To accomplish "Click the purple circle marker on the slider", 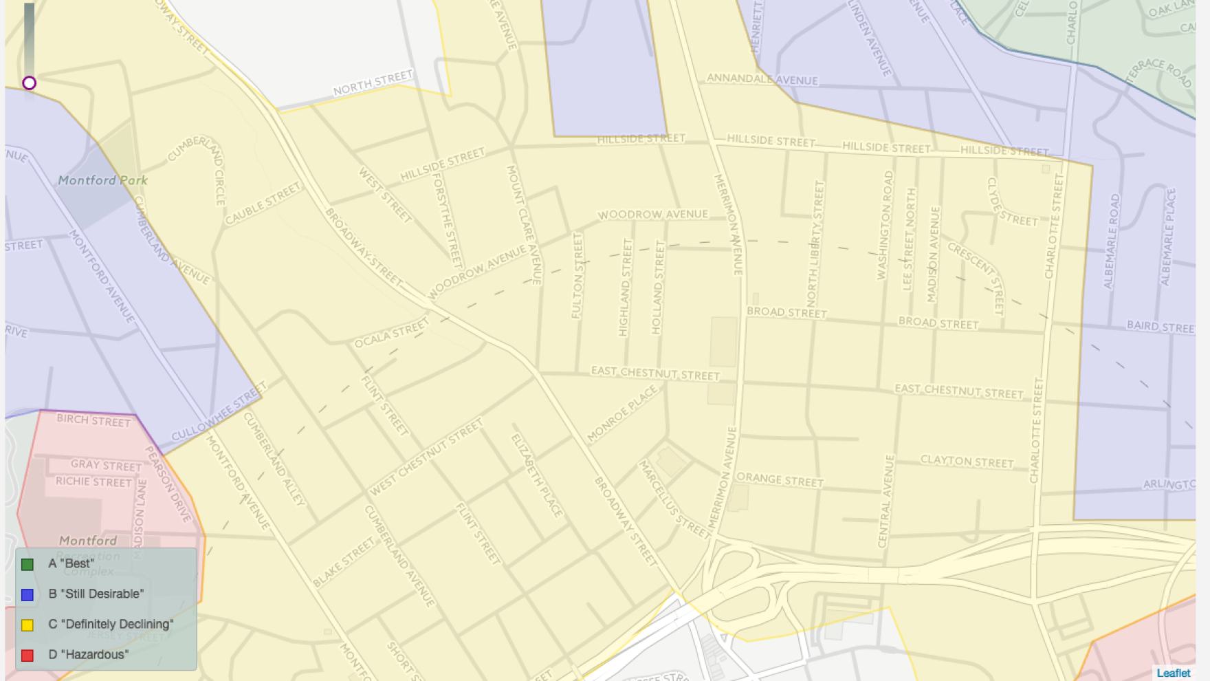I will [29, 83].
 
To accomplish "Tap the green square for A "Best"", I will [27, 564].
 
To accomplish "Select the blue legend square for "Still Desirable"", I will [27, 594].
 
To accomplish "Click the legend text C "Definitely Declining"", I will [111, 625].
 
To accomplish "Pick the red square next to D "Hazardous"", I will [27, 655].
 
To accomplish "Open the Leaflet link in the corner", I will [1173, 673].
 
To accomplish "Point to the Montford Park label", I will [102, 180].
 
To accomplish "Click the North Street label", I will [373, 83].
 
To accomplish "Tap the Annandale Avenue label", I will [762, 79].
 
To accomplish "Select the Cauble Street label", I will [263, 204].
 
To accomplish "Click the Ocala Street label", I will [391, 334].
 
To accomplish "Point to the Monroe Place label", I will [622, 413].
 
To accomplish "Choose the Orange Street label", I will [780, 479].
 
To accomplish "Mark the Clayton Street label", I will [967, 461].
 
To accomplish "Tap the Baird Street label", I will [1160, 327].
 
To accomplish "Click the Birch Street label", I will [93, 420].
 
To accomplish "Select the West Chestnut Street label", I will [426, 457].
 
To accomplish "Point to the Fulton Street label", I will [577, 275].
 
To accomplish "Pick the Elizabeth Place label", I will [537, 475].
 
